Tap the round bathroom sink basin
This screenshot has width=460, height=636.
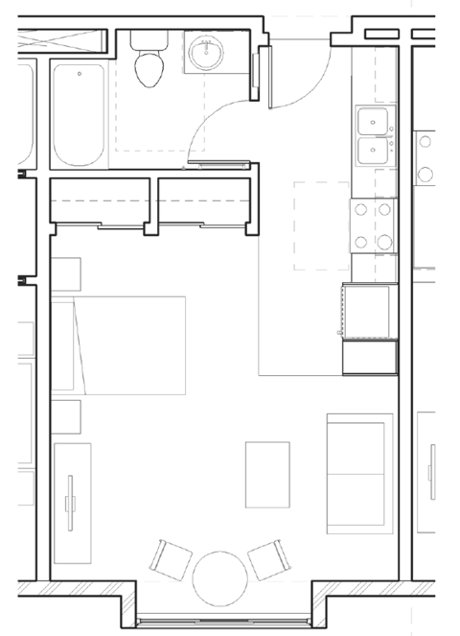pyautogui.click(x=204, y=54)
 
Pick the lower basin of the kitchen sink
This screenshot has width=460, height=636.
pyautogui.click(x=372, y=151)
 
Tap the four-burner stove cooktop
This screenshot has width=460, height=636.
pyautogui.click(x=373, y=225)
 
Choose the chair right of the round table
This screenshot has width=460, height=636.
pyautogui.click(x=265, y=558)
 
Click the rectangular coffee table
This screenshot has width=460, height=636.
pyautogui.click(x=267, y=474)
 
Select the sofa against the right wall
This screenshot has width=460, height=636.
pyautogui.click(x=359, y=473)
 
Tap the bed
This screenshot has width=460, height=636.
pyautogui.click(x=120, y=344)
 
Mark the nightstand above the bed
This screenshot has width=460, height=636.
pyautogui.click(x=66, y=276)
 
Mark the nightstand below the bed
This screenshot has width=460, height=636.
pyautogui.click(x=66, y=415)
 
